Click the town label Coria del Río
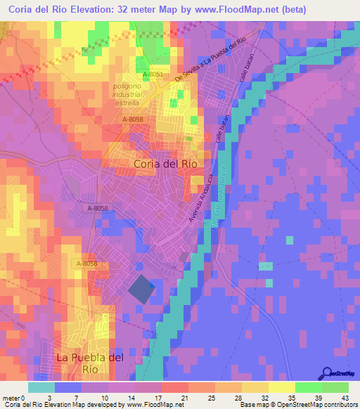(x=165, y=163)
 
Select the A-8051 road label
(x=153, y=74)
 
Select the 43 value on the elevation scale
(x=344, y=397)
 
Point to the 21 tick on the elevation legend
(x=184, y=397)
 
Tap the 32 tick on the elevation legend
(x=264, y=397)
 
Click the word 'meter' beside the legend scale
(x=10, y=397)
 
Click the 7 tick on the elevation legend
(x=77, y=397)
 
